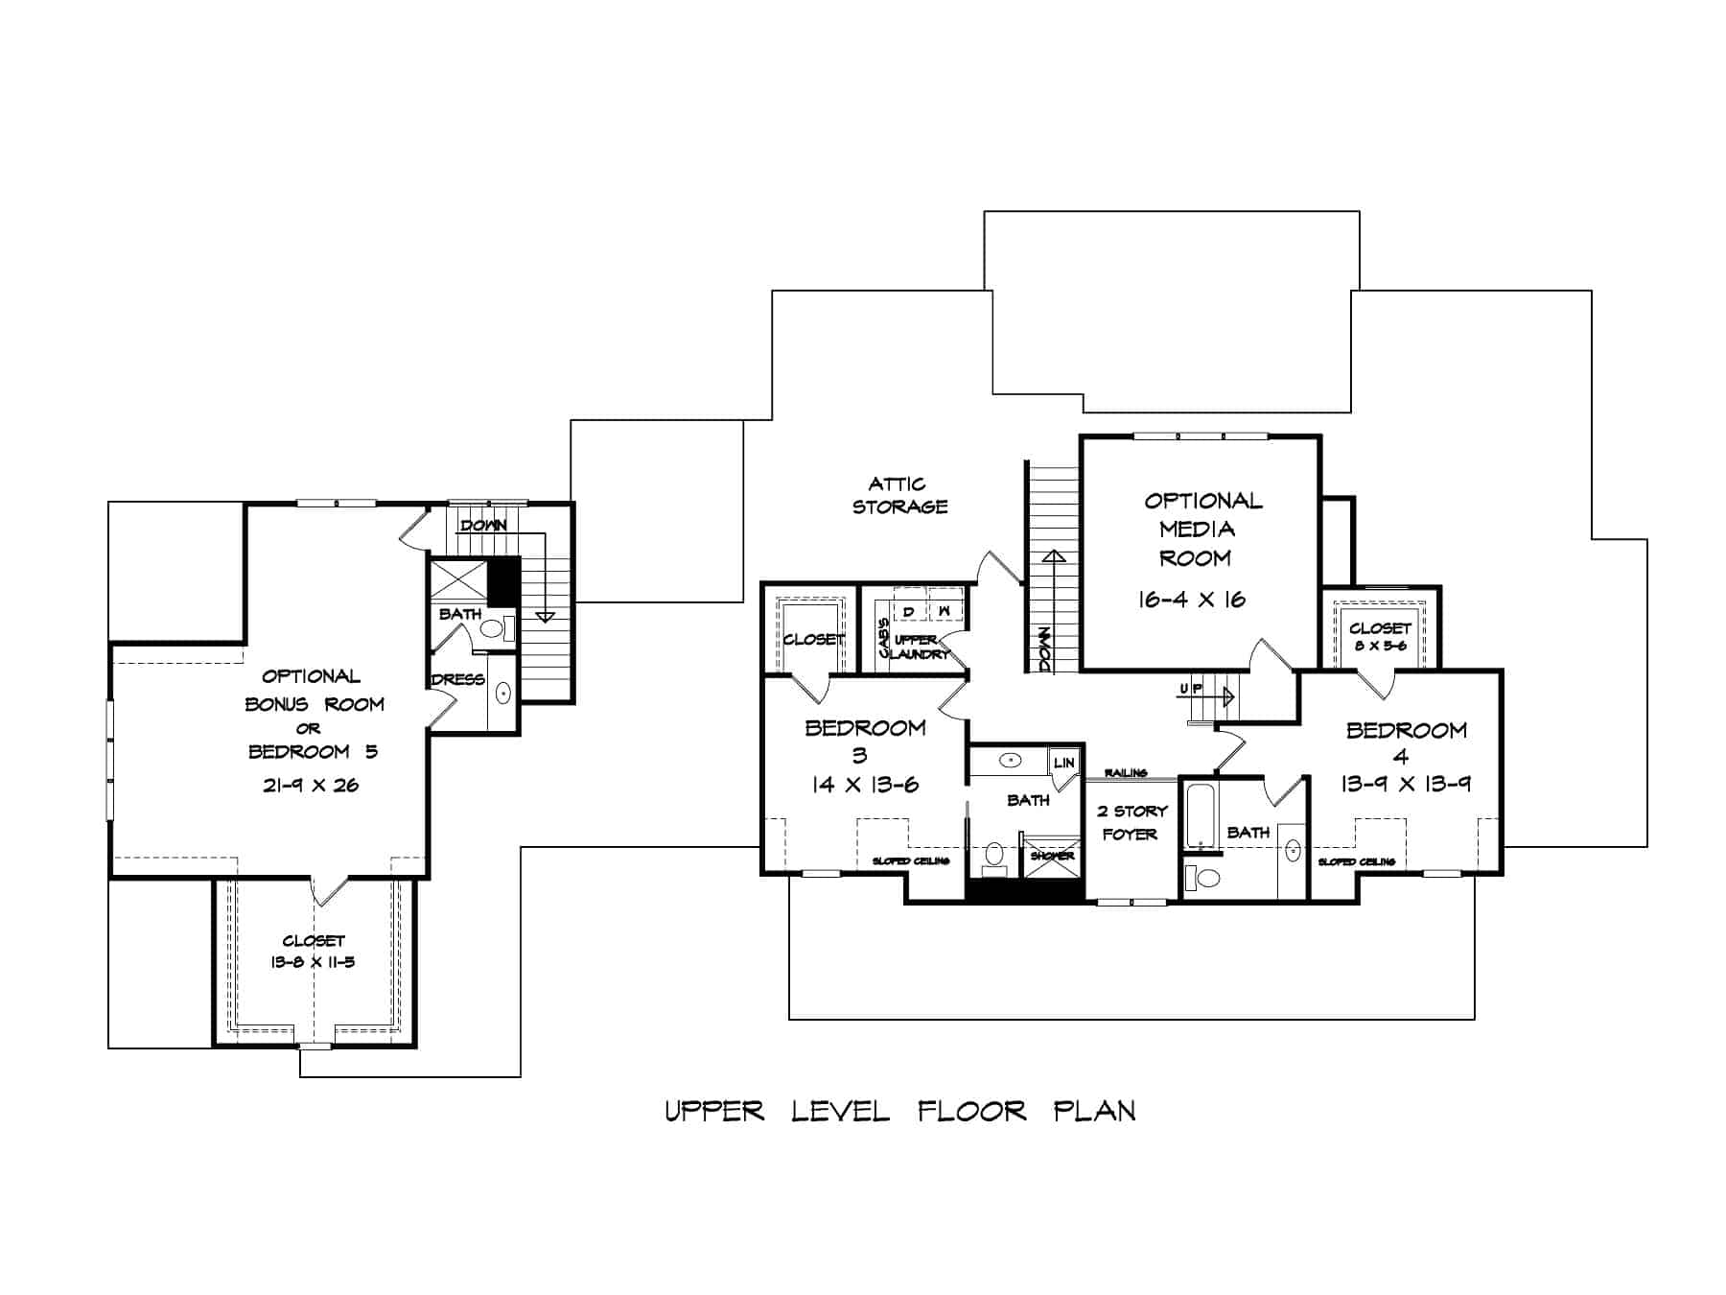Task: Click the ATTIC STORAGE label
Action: [899, 495]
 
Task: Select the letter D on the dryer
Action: [908, 611]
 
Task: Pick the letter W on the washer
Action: [944, 611]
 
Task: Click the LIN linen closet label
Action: [1064, 763]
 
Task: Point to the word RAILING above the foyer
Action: [1126, 772]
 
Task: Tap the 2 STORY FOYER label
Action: [1131, 823]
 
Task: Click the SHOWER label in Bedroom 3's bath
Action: [1052, 855]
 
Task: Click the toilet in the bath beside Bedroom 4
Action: [1202, 877]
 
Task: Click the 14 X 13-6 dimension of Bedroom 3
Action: [864, 785]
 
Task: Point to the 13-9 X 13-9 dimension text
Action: [1405, 784]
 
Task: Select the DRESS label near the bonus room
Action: [457, 679]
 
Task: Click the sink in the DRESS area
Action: [503, 692]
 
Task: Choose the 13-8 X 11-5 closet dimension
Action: [313, 961]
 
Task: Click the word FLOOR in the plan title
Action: [971, 1112]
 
